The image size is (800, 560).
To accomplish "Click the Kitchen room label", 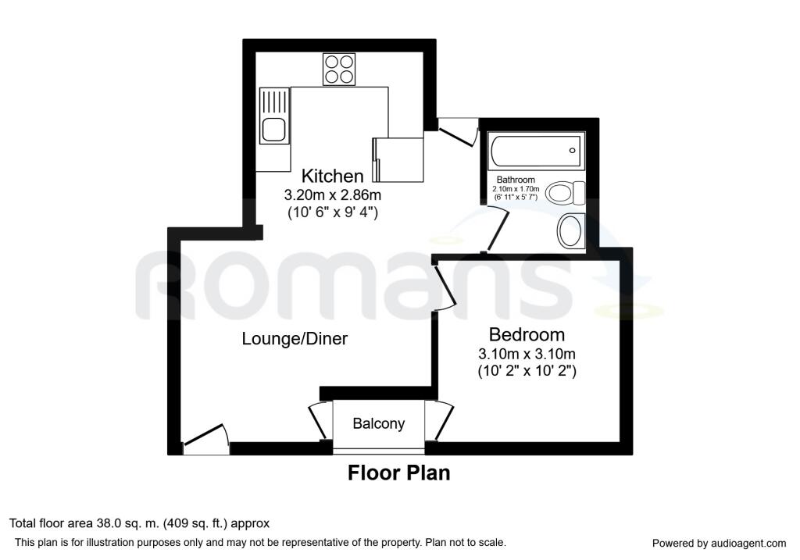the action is [x=333, y=176].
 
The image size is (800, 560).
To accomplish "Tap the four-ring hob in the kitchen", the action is [x=339, y=69].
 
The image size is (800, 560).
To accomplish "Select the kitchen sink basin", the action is [x=274, y=130].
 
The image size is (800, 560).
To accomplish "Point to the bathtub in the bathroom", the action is [x=536, y=151].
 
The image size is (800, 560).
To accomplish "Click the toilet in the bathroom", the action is [x=566, y=193].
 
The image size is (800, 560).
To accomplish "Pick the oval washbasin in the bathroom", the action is [x=571, y=231].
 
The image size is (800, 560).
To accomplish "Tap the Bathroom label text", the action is [x=516, y=180].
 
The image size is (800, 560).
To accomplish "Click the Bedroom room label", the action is [x=527, y=334].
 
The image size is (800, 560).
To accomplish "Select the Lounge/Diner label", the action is [x=295, y=339].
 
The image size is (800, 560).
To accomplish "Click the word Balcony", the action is [x=379, y=423].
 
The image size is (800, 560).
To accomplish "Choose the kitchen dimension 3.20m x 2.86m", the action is [x=333, y=194].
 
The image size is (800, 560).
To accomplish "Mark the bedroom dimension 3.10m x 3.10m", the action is [x=527, y=354].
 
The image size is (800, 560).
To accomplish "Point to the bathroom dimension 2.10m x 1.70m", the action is [x=516, y=189].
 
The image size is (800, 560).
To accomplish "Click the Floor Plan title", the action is [x=399, y=473].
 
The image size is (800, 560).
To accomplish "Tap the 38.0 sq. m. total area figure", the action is [x=128, y=523].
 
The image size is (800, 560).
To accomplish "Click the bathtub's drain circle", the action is [x=572, y=151].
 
